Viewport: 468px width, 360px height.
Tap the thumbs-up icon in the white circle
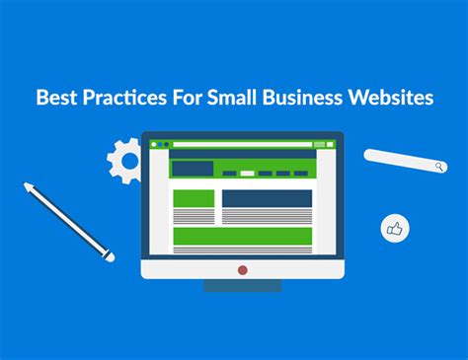395,229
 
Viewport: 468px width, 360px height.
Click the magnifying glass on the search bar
437,167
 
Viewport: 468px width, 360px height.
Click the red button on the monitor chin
242,268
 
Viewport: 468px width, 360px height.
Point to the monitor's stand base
242,286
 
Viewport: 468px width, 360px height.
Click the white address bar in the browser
243,144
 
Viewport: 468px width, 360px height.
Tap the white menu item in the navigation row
247,174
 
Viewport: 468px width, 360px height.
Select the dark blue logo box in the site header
193,169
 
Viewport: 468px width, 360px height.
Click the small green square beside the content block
193,198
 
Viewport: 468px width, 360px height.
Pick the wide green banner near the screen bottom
242,236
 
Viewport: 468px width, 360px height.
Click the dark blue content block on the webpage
267,198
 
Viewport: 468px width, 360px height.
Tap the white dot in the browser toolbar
162,144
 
